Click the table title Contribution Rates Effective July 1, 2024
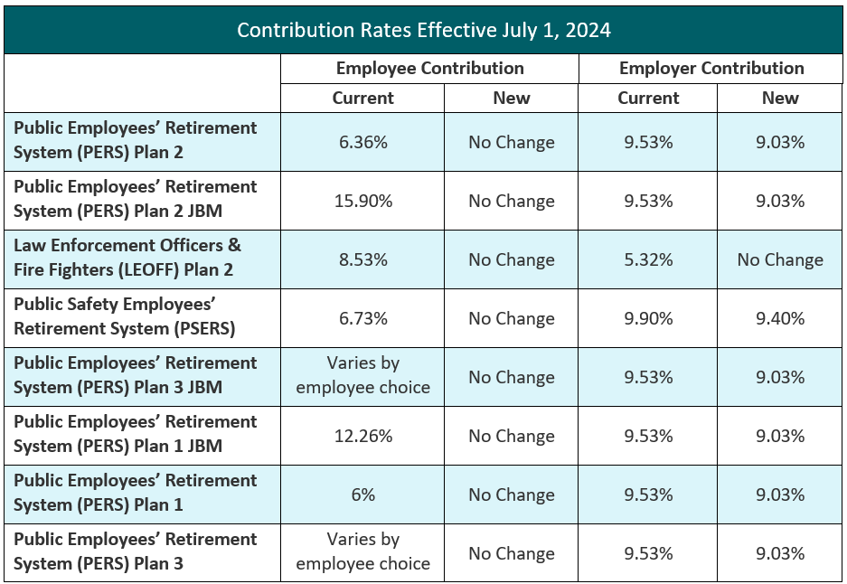423,30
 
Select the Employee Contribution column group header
429,69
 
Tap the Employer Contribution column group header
711,69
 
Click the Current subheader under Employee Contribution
362,99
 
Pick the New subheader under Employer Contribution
779,99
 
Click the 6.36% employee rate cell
362,142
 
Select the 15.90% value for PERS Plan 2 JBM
362,201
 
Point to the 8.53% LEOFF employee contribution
362,259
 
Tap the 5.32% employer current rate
647,259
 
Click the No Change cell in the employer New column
779,259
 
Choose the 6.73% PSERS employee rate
362,318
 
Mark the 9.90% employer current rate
647,318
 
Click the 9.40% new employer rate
779,318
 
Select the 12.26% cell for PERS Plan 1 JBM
362,436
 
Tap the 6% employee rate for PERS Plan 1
362,495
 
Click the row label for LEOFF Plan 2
127,258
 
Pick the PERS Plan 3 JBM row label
136,375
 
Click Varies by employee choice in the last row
362,551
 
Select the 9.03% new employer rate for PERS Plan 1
779,495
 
